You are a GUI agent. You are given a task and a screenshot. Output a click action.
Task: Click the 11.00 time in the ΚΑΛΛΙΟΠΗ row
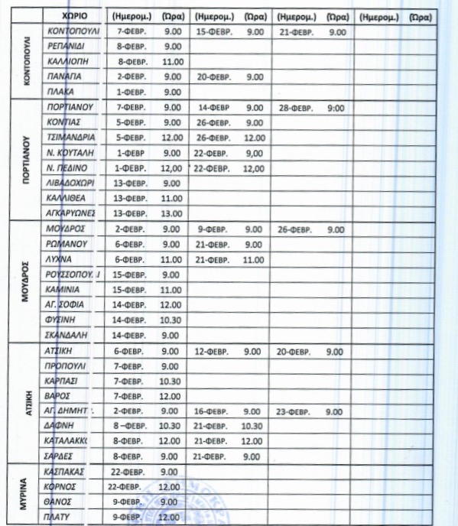pyautogui.click(x=172, y=62)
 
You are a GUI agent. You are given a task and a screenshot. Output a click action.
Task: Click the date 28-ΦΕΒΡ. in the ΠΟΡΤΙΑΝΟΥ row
pyautogui.click(x=298, y=108)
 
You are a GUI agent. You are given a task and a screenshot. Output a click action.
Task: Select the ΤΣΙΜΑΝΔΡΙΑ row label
pyautogui.click(x=70, y=138)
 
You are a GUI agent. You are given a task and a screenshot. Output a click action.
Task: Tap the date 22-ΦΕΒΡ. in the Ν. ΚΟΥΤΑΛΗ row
pyautogui.click(x=213, y=153)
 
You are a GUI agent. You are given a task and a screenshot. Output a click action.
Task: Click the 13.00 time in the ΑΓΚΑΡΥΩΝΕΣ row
pyautogui.click(x=172, y=213)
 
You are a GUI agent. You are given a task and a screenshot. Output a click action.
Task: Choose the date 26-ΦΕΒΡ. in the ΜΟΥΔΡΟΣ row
pyautogui.click(x=297, y=229)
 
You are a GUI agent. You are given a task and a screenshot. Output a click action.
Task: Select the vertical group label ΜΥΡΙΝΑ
pyautogui.click(x=24, y=493)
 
